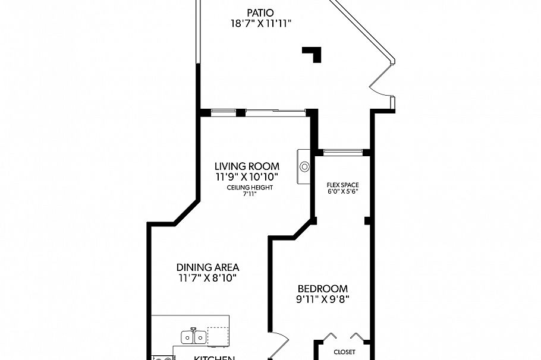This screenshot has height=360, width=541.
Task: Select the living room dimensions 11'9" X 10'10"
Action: [x=247, y=177]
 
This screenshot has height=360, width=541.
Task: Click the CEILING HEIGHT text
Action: [x=250, y=188]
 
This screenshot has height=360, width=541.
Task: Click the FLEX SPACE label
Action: [x=343, y=185]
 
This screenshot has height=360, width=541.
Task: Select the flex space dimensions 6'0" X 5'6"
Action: [x=343, y=192]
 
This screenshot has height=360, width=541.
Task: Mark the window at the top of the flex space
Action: [x=342, y=152]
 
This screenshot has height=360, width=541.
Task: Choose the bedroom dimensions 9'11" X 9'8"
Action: [x=323, y=300]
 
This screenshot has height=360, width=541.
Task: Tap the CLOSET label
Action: [x=344, y=352]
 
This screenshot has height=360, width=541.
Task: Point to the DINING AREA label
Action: [x=207, y=267]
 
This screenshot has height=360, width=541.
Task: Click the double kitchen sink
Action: [x=194, y=337]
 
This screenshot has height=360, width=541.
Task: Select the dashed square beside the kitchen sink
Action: [x=218, y=336]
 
